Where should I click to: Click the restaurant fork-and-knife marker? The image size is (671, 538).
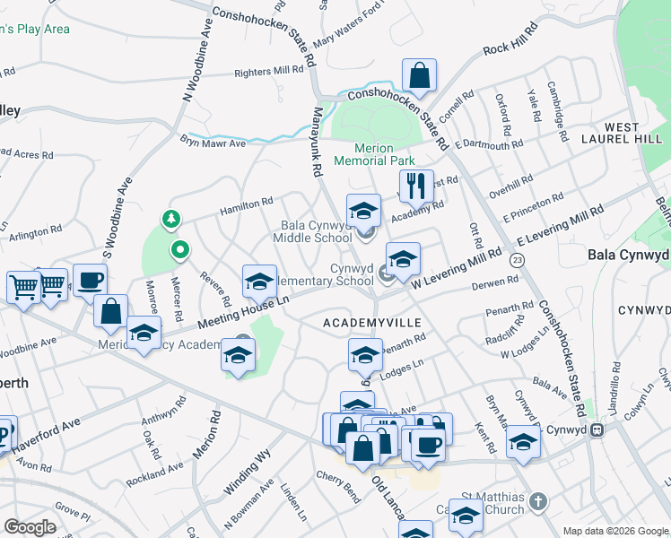(x=415, y=187)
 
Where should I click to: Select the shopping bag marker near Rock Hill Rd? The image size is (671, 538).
(x=419, y=75)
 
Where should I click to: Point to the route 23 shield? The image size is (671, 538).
(x=517, y=260)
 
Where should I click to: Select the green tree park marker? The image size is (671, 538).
(x=169, y=220)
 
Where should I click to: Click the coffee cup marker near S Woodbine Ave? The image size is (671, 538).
(x=90, y=280)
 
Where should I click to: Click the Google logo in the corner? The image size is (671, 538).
(x=30, y=526)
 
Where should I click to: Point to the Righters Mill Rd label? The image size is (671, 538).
(x=269, y=71)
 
